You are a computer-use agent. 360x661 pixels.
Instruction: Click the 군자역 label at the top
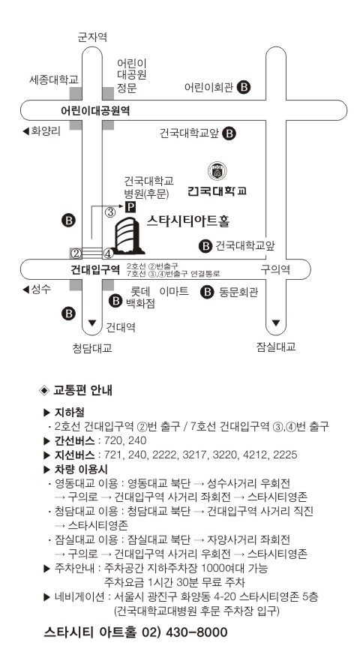pos(92,37)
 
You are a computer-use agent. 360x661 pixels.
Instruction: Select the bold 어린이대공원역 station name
pos(95,111)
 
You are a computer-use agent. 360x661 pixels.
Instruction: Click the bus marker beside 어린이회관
pos(244,87)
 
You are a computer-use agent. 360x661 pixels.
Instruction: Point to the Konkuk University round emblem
pos(217,170)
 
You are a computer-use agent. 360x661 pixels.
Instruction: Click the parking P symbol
pos(131,206)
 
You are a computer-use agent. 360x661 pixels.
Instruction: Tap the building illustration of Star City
pos(128,236)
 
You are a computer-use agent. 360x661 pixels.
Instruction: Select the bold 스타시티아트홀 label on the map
pos(188,221)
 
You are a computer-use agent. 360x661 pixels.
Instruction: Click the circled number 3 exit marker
pos(110,212)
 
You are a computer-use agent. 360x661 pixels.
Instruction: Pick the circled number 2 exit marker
pos(76,254)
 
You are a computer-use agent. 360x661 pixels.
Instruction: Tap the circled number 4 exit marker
pos(108,254)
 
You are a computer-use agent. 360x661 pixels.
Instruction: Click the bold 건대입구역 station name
pos(96,270)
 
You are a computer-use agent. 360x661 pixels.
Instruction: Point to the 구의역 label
pos(275,269)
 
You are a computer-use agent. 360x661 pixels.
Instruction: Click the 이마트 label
pos(174,291)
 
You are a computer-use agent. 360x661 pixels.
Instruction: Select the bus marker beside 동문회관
pos(207,292)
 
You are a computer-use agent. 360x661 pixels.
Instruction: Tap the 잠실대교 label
pos(276,347)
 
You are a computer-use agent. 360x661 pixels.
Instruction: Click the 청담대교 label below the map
pos(92,348)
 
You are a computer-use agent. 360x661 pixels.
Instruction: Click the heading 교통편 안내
pos(82,390)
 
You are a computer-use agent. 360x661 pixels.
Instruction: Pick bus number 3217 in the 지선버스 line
pos(195,455)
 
